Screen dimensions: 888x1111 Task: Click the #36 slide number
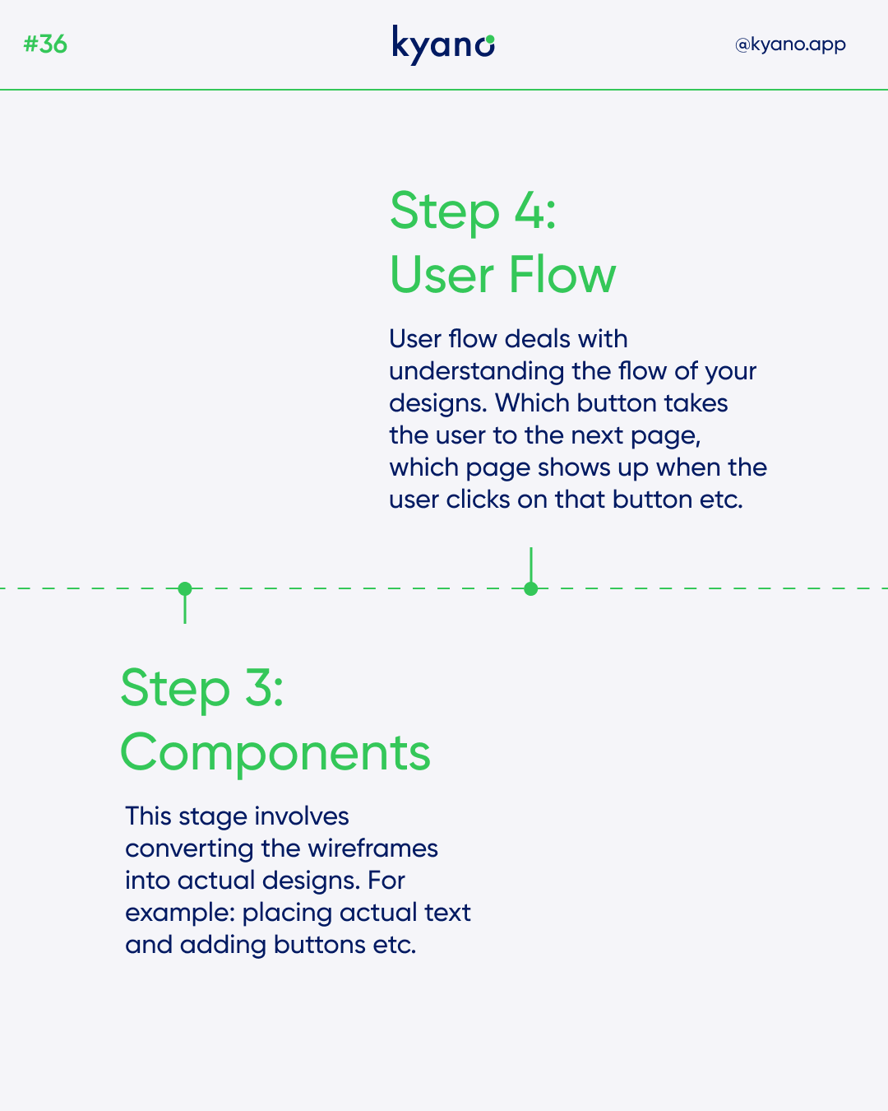tap(45, 44)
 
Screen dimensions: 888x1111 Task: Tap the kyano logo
tap(443, 45)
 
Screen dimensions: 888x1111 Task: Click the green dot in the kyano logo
tap(490, 40)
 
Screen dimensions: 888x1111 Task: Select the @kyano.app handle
tap(790, 45)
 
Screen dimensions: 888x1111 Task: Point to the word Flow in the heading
tap(562, 275)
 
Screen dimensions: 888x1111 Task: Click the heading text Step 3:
tap(201, 689)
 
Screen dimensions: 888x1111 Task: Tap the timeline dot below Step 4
tap(531, 588)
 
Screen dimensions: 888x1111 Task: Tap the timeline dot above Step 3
tap(185, 588)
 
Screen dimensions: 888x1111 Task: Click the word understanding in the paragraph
tap(476, 372)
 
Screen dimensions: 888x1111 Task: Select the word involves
tap(301, 816)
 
